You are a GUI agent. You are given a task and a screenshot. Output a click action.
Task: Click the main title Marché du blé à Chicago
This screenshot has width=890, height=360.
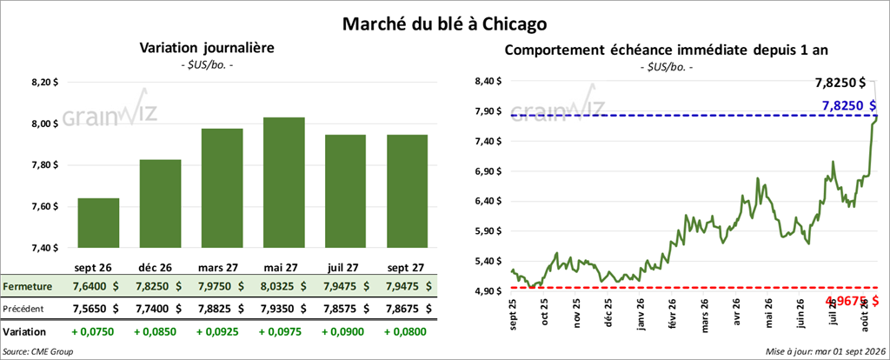click(444, 23)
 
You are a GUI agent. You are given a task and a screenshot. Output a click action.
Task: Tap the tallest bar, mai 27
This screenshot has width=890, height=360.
click(284, 183)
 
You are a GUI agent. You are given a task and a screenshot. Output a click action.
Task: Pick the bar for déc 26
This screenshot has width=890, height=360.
click(160, 203)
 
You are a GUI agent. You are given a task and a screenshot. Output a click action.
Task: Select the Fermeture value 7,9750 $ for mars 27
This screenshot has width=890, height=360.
click(222, 287)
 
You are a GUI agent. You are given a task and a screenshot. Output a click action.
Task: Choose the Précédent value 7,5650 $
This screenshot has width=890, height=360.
click(98, 309)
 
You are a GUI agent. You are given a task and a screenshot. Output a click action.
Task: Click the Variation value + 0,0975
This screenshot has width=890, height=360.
click(284, 331)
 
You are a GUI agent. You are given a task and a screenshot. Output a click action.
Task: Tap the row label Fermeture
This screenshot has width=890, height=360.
click(28, 287)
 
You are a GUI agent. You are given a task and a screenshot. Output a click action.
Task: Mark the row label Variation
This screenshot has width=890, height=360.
click(24, 331)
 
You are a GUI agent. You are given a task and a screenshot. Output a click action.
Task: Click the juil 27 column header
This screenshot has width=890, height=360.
click(345, 267)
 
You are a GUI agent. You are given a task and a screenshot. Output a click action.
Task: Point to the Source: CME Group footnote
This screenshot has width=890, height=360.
click(38, 352)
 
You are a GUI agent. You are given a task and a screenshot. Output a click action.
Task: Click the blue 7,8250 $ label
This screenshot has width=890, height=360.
click(847, 105)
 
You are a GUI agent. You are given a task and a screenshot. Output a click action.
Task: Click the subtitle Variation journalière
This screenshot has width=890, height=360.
click(207, 49)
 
